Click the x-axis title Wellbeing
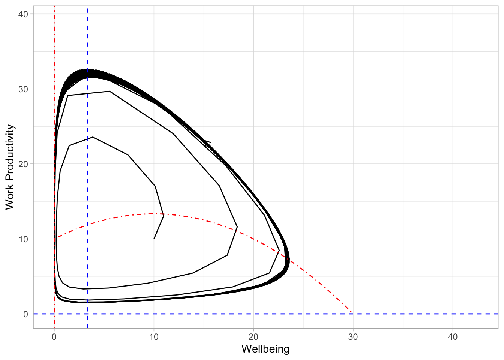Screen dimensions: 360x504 (265, 349)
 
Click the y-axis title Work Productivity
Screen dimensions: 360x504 (10, 167)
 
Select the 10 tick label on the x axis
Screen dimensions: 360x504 (154, 337)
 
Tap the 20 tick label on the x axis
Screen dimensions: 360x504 (253, 337)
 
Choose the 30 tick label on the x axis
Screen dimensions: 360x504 (353, 337)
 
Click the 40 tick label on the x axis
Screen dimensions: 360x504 (453, 337)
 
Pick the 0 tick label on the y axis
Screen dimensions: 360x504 (25, 314)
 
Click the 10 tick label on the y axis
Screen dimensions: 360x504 (23, 239)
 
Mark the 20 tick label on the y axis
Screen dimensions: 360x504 (23, 164)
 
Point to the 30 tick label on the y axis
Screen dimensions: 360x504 (23, 89)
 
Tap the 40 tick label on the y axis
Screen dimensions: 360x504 (23, 14)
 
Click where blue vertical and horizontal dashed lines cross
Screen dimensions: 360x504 (87, 313)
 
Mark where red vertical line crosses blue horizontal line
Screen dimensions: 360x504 (54, 313)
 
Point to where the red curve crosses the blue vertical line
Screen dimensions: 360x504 (87, 225)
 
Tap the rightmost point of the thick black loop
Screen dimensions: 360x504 (289, 259)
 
